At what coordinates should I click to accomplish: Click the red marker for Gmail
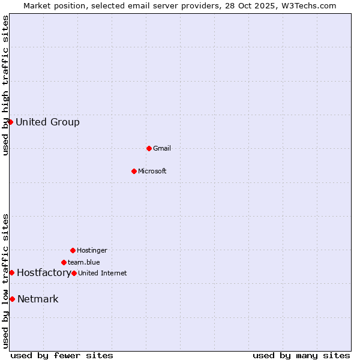point(149,148)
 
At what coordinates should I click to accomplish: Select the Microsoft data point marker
point(134,171)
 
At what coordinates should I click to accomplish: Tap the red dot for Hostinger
point(73,250)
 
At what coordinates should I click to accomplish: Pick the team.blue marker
point(64,262)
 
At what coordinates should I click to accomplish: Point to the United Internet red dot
point(74,273)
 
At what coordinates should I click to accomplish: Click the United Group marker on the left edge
point(10,122)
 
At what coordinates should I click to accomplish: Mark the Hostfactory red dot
point(11,272)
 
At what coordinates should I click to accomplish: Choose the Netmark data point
point(12,299)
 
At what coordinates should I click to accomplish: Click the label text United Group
point(47,122)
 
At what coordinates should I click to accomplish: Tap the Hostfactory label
point(43,273)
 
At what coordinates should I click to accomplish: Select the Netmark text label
point(38,299)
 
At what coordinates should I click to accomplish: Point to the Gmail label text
point(162,149)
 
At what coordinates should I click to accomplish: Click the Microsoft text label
point(152,172)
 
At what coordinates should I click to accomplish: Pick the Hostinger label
point(92,251)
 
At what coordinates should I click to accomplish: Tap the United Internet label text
point(103,274)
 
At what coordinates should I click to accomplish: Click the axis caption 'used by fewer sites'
point(62,355)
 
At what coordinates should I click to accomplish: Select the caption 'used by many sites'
point(301,355)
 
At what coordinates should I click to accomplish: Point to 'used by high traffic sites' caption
point(6,85)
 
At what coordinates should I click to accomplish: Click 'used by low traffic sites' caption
point(6,281)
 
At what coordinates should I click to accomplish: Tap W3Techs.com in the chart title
point(306,5)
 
